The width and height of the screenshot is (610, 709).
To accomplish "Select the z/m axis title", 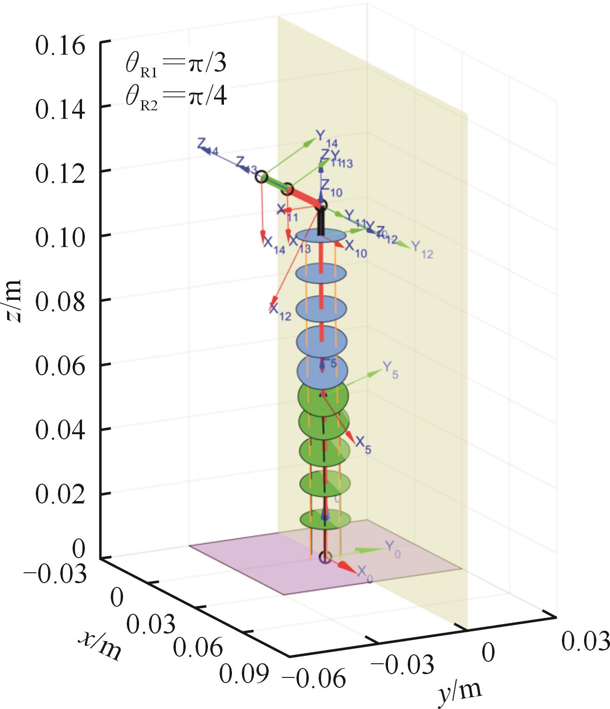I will point(14,301).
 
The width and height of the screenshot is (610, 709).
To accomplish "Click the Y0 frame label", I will point(393,548).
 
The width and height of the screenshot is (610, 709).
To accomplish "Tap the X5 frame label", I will point(363,445).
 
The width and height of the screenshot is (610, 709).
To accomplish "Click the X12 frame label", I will point(280,310).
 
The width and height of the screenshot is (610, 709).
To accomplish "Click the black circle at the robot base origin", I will point(325,557).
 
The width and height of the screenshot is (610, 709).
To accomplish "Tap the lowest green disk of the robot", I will point(325,519).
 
